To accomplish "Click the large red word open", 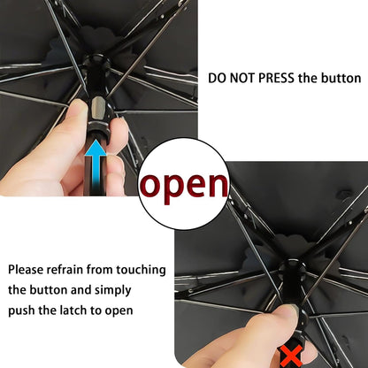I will pos(185,185).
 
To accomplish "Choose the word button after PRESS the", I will pos(340,78).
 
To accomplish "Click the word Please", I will pos(29,268).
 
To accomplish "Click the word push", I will pos(23,310).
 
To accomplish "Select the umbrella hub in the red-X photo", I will pos(290,270).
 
